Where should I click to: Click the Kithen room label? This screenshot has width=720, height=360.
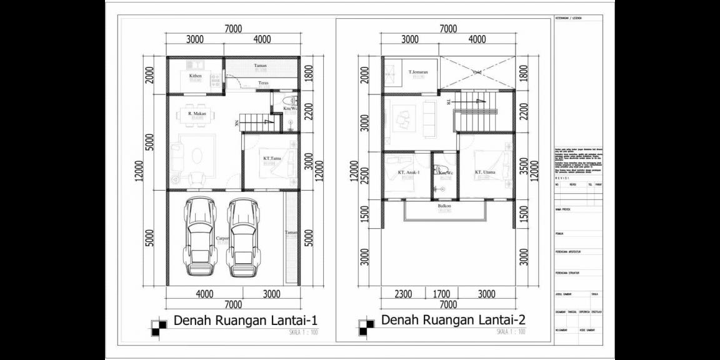[x=196, y=76]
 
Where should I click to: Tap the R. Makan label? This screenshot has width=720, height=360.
[x=197, y=114]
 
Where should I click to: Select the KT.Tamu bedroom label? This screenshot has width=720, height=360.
[x=271, y=159]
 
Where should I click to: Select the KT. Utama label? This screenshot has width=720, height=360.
[x=486, y=172]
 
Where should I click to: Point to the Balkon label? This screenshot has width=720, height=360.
[x=444, y=206]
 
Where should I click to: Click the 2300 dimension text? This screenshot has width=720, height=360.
[x=403, y=294]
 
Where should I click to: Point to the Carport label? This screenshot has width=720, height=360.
[x=222, y=239]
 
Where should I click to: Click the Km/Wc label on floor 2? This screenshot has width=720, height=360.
[x=445, y=172]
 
